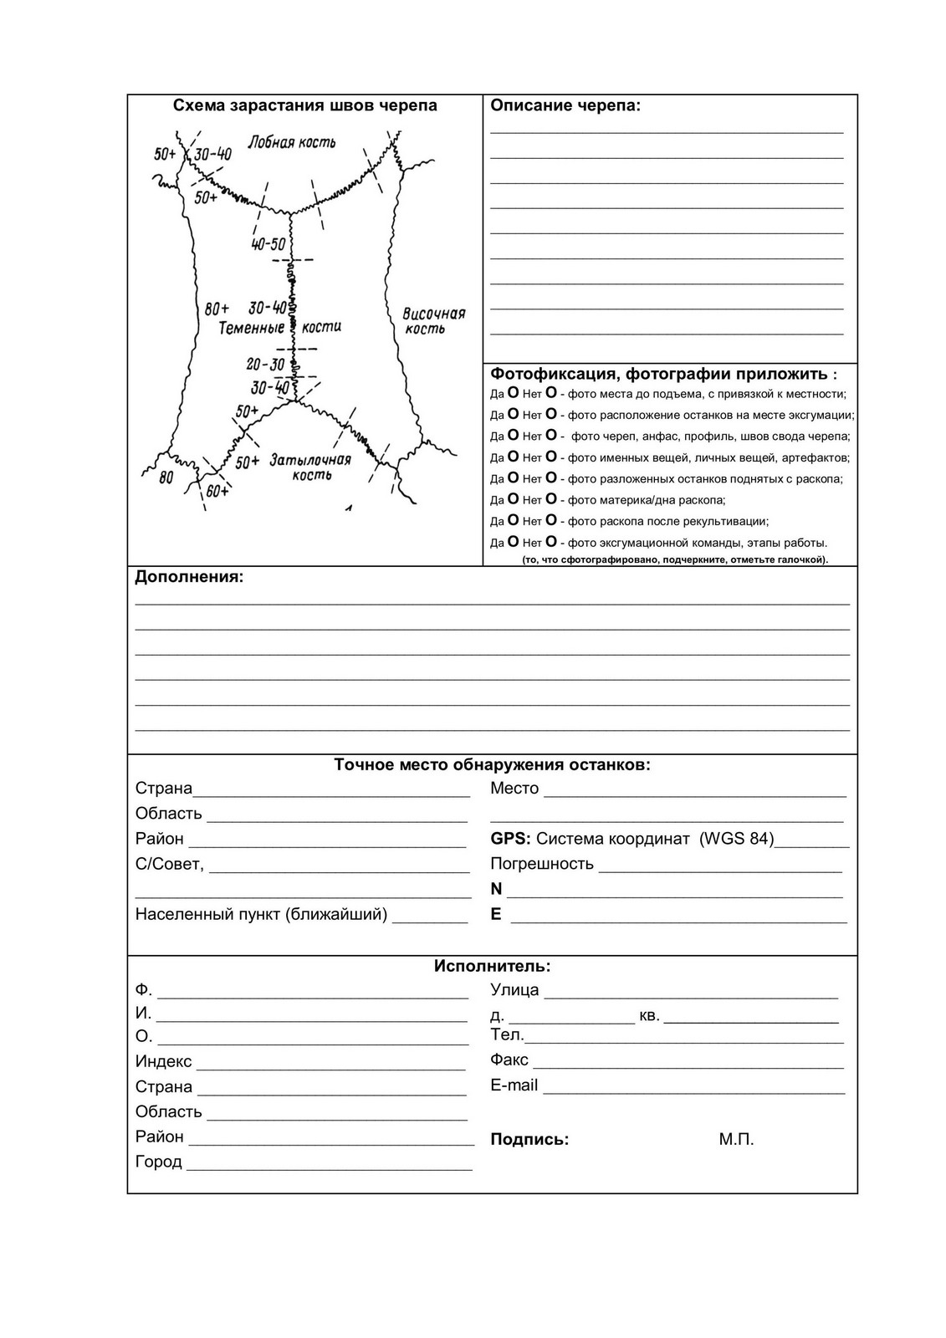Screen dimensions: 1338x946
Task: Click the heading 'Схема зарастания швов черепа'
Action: (304, 105)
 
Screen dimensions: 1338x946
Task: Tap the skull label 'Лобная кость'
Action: (292, 142)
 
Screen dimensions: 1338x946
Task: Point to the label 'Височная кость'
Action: (432, 320)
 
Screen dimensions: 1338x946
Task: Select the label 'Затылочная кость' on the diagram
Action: (310, 467)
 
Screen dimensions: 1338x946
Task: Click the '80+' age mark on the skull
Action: (217, 309)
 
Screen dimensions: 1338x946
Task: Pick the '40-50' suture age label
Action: (268, 244)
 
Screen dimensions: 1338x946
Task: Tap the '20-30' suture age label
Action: (266, 365)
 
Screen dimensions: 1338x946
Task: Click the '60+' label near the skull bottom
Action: (217, 491)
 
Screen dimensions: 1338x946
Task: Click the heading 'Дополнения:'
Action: (189, 577)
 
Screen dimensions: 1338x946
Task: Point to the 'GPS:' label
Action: (510, 839)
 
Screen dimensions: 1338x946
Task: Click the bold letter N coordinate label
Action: (496, 889)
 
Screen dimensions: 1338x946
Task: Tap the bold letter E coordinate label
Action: (496, 914)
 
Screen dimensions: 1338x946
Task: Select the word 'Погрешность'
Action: (542, 864)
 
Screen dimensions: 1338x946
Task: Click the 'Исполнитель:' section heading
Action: (492, 966)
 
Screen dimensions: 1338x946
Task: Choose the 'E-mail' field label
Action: (514, 1085)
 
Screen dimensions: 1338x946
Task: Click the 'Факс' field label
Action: (509, 1060)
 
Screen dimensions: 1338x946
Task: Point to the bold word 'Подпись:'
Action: (529, 1139)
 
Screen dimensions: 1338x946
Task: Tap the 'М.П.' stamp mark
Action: (736, 1139)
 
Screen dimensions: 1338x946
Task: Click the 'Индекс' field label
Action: (164, 1061)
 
